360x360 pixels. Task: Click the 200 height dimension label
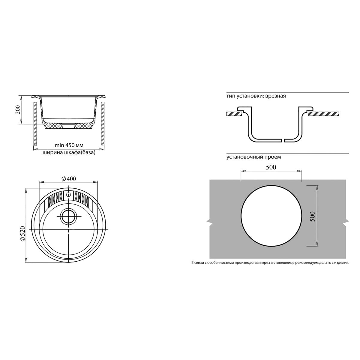point(18,110)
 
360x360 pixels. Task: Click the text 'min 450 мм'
point(69,145)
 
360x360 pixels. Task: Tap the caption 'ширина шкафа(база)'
point(69,152)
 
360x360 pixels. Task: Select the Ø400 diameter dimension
point(69,179)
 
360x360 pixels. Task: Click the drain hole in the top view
point(69,216)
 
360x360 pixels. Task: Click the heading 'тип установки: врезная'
point(256,96)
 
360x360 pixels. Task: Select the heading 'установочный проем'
point(253,157)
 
